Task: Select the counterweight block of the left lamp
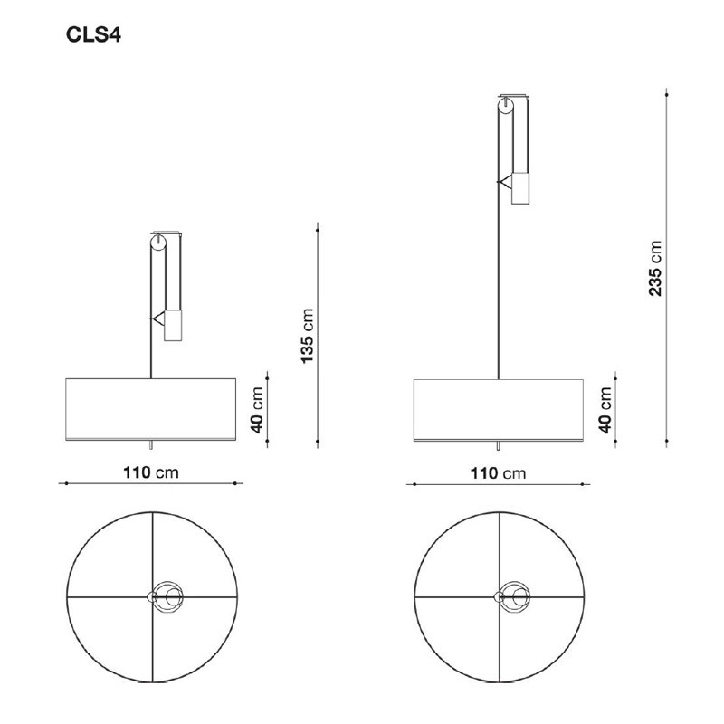pos(173,324)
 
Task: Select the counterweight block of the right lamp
pos(520,188)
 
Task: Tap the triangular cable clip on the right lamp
pos(503,181)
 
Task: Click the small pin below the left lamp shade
pos(151,446)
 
